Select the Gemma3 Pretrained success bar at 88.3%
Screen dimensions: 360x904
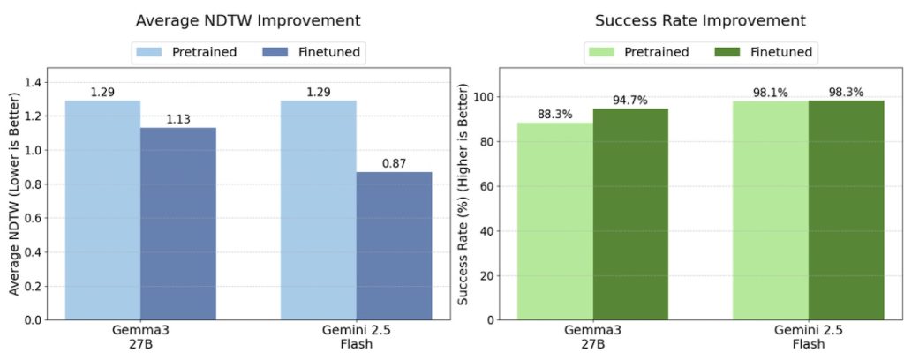[554, 221]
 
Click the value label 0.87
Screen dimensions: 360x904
[395, 163]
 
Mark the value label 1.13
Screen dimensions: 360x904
[178, 119]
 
